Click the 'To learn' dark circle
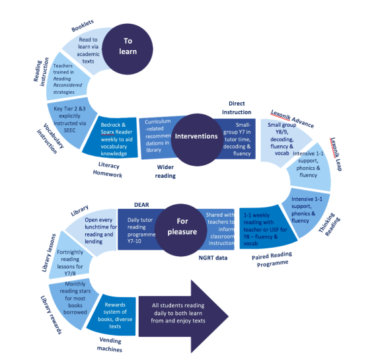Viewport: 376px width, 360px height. (128, 46)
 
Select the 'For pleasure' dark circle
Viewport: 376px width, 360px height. (178, 228)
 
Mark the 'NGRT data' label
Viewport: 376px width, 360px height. (206, 258)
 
